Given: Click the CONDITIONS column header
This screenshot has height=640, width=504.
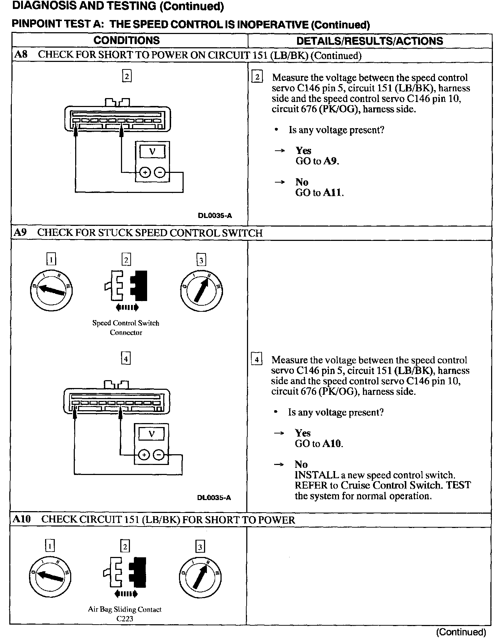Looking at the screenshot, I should pos(126,40).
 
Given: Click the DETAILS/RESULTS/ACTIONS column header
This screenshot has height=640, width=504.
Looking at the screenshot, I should pos(369,41).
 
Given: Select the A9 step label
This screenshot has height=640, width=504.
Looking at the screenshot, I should pos(20,233).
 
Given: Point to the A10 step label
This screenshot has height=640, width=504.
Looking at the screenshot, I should pos(22,519).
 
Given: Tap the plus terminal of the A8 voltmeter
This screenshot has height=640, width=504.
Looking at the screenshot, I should pos(145,173).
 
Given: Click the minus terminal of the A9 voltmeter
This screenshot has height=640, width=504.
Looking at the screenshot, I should pos(159,455).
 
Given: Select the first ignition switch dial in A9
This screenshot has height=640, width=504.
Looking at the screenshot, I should pos(51,290).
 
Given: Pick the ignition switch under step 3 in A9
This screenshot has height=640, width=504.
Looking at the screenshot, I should pos(202,290).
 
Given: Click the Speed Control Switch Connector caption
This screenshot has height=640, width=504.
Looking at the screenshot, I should pos(126,328).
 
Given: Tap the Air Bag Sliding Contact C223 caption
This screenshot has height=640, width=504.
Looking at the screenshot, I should pos(125,614).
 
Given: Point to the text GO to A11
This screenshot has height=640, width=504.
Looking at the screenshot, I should pos(319,193).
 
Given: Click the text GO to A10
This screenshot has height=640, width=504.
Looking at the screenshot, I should pos(319,444).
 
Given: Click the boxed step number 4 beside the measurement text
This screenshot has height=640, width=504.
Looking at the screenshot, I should pos(256,359).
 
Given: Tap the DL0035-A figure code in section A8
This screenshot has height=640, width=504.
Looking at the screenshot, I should pos(215,215).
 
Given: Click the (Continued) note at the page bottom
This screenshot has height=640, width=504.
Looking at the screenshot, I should pos(461,632).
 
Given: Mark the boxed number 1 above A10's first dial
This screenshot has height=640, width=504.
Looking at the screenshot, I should pos(50,546).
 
